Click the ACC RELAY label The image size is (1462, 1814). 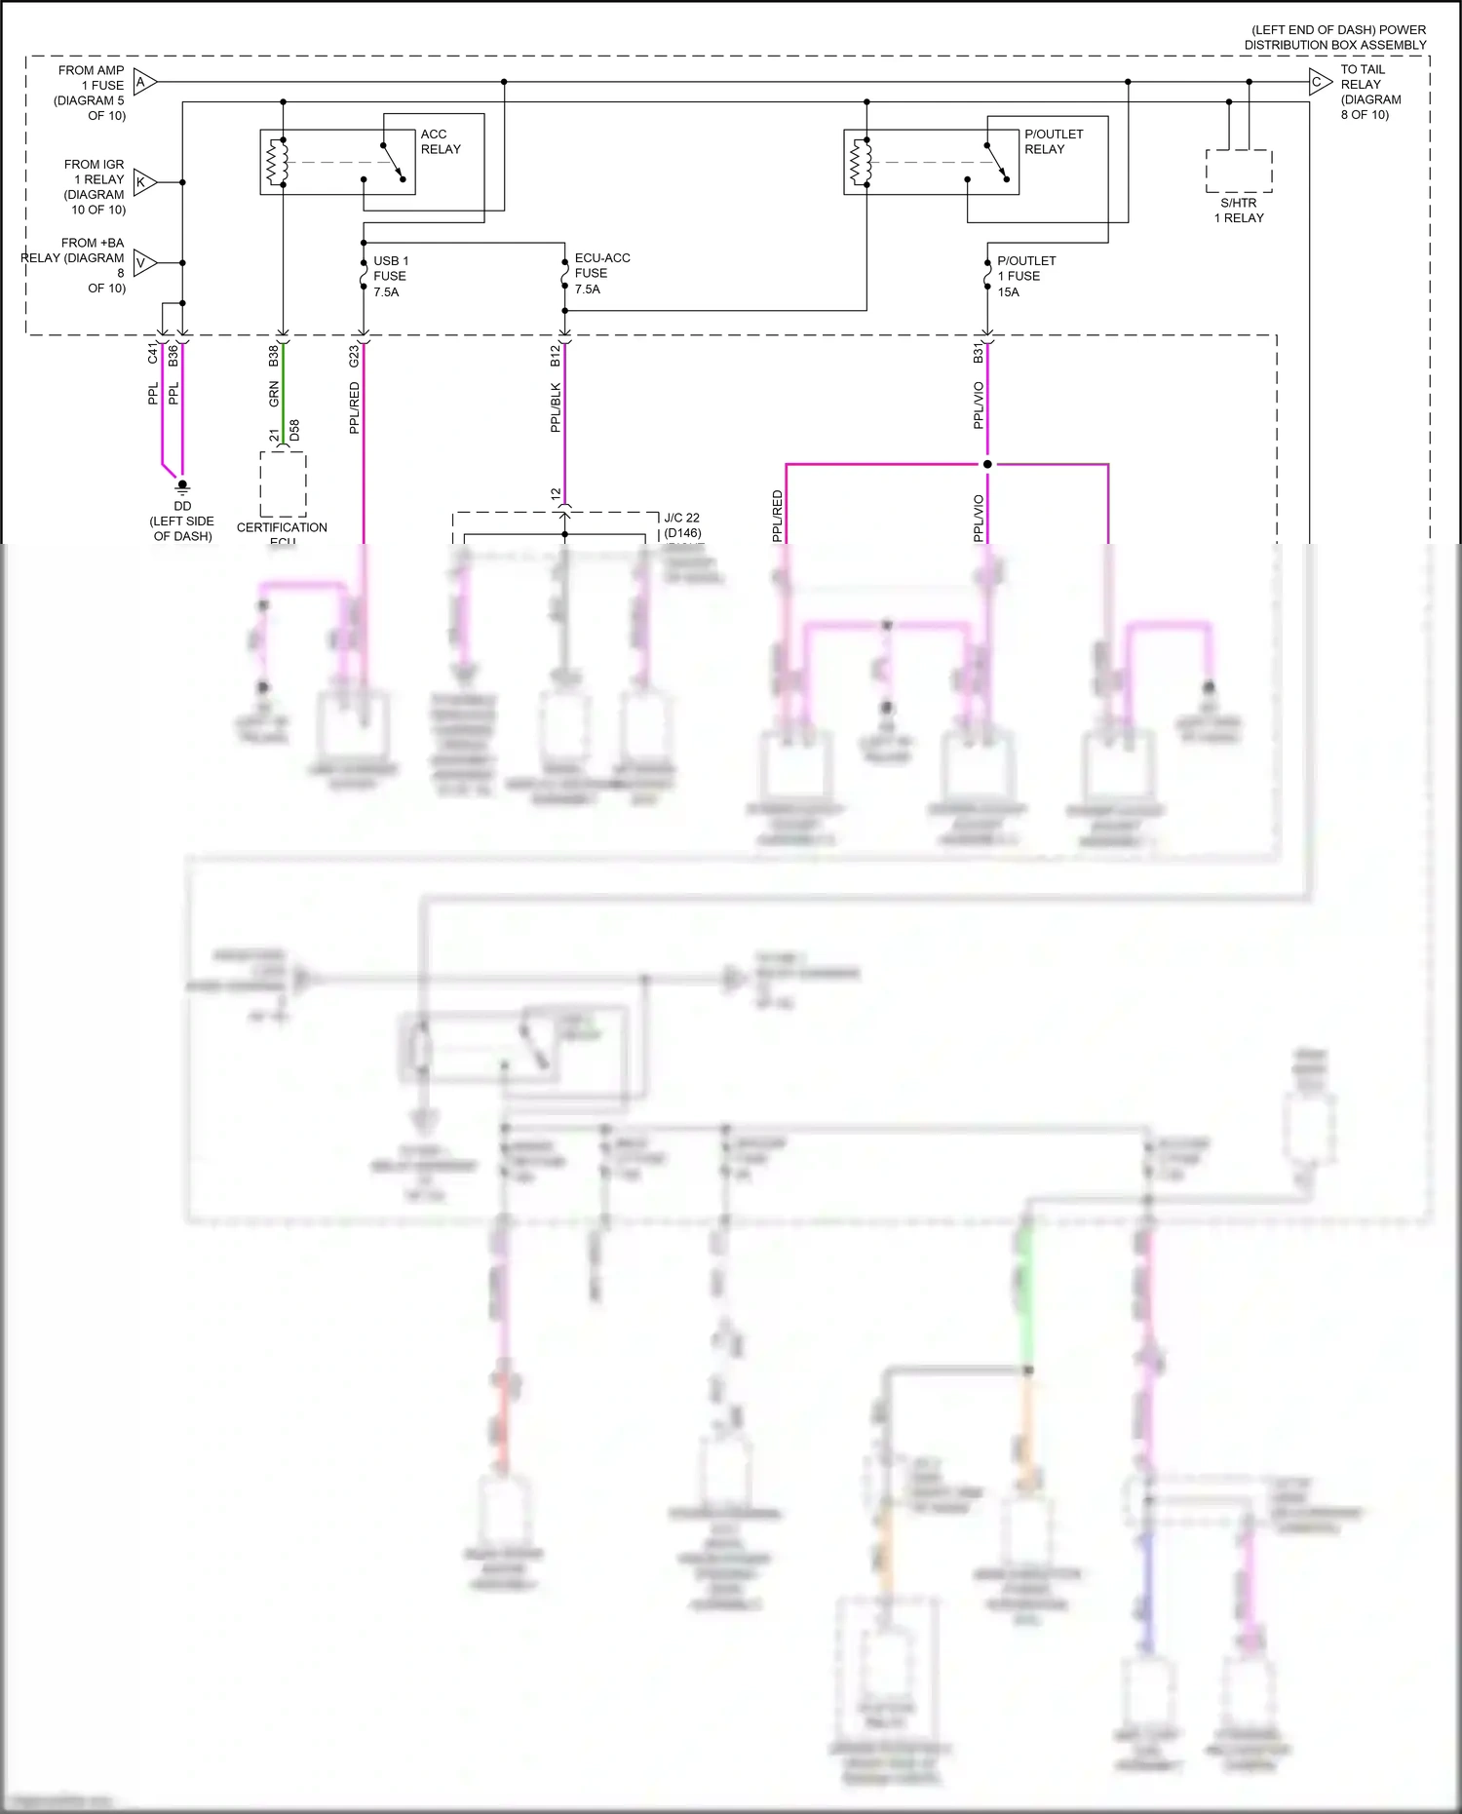[440, 141]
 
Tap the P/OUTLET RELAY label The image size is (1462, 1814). [1053, 141]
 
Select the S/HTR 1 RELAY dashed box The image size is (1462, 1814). [1239, 172]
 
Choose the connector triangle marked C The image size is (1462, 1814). [1320, 82]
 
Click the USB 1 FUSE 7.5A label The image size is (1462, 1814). [390, 276]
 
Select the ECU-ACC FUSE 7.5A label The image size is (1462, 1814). [601, 273]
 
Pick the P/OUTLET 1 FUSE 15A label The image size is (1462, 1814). [1025, 276]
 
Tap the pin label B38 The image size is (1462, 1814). [274, 356]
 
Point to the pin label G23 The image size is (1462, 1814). [354, 356]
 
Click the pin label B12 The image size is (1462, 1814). [556, 356]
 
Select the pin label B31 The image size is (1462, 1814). [978, 354]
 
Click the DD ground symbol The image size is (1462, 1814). [182, 486]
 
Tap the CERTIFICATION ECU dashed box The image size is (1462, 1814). [283, 484]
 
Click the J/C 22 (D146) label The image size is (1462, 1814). [681, 525]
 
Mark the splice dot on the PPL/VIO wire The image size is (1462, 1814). [987, 464]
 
